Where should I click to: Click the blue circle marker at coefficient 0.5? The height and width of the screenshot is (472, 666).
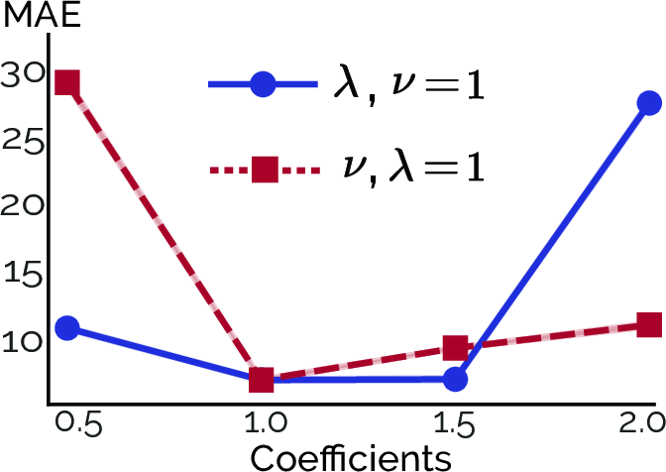(67, 328)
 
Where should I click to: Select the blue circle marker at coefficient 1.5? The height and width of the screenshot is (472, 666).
(455, 379)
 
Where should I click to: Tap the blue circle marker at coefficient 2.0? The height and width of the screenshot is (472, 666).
(649, 103)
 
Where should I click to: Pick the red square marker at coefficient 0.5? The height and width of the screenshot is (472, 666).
(67, 82)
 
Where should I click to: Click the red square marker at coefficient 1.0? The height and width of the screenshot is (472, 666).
(262, 380)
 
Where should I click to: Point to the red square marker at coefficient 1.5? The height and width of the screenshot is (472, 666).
(455, 347)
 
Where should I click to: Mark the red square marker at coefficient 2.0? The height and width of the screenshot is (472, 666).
(649, 325)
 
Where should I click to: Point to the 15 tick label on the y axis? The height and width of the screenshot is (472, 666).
(24, 274)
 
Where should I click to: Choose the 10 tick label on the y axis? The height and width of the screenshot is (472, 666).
(24, 341)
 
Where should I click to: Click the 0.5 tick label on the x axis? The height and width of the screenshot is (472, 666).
(79, 423)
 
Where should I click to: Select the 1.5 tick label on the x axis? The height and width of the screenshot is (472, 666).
(454, 423)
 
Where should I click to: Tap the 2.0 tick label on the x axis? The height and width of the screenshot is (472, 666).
(642, 423)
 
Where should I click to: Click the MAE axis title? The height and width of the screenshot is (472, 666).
(42, 15)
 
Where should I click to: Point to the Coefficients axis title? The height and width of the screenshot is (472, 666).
(351, 458)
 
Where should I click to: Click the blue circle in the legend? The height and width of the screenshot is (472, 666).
(264, 84)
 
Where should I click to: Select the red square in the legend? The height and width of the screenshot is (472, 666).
(265, 170)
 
